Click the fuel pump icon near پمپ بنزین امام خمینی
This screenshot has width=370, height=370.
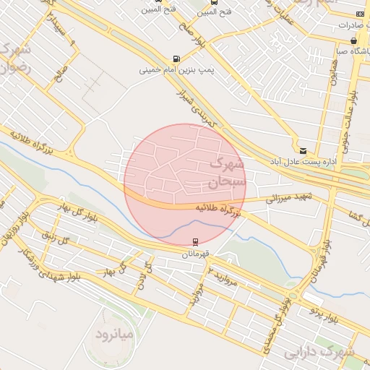coord(177,59)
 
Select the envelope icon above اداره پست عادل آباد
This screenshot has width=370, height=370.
coord(303,150)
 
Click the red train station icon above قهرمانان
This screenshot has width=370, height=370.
coord(195,243)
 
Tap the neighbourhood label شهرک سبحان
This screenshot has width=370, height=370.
coord(227,173)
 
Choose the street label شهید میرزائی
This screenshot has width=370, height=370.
coord(287,197)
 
